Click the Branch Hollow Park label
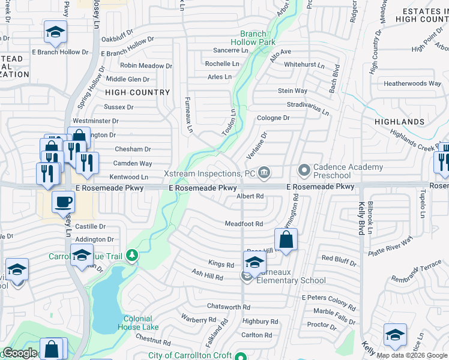[257, 38]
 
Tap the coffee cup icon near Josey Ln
[63, 202]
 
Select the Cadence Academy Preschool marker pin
[304, 171]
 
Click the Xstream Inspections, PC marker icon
[264, 173]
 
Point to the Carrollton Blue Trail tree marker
[132, 256]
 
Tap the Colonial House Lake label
[141, 323]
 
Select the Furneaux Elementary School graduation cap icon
[255, 262]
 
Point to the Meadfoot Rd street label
[244, 224]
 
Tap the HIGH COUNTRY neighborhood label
[137, 92]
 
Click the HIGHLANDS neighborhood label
[399, 122]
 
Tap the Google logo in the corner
[20, 353]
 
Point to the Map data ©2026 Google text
[411, 355]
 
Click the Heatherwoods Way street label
[412, 83]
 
